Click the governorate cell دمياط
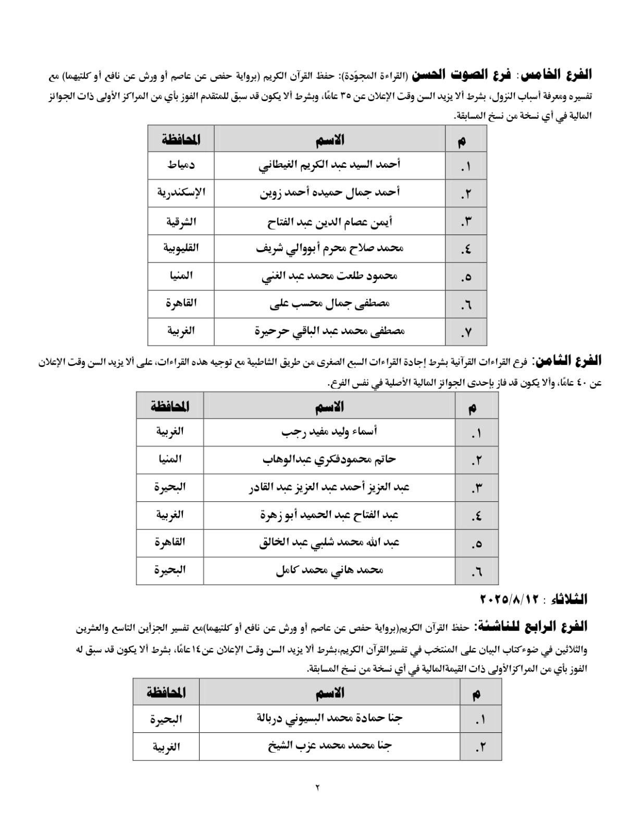click(x=181, y=165)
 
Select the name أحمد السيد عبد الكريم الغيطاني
click(x=329, y=165)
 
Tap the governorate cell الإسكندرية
click(x=181, y=193)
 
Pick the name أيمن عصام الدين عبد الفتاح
click(x=329, y=221)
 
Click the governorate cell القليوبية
click(x=181, y=248)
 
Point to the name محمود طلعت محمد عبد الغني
click(x=329, y=276)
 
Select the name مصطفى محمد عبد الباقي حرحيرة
click(x=329, y=331)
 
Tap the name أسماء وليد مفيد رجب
click(x=329, y=432)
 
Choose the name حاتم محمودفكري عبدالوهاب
click(x=329, y=459)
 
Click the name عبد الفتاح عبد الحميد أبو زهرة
click(x=329, y=515)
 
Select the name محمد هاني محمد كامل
click(x=329, y=570)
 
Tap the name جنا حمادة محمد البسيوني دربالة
click(x=329, y=719)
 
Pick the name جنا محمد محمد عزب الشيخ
click(x=329, y=746)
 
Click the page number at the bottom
click(x=317, y=787)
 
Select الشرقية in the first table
click(x=181, y=221)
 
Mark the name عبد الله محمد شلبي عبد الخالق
click(x=329, y=543)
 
